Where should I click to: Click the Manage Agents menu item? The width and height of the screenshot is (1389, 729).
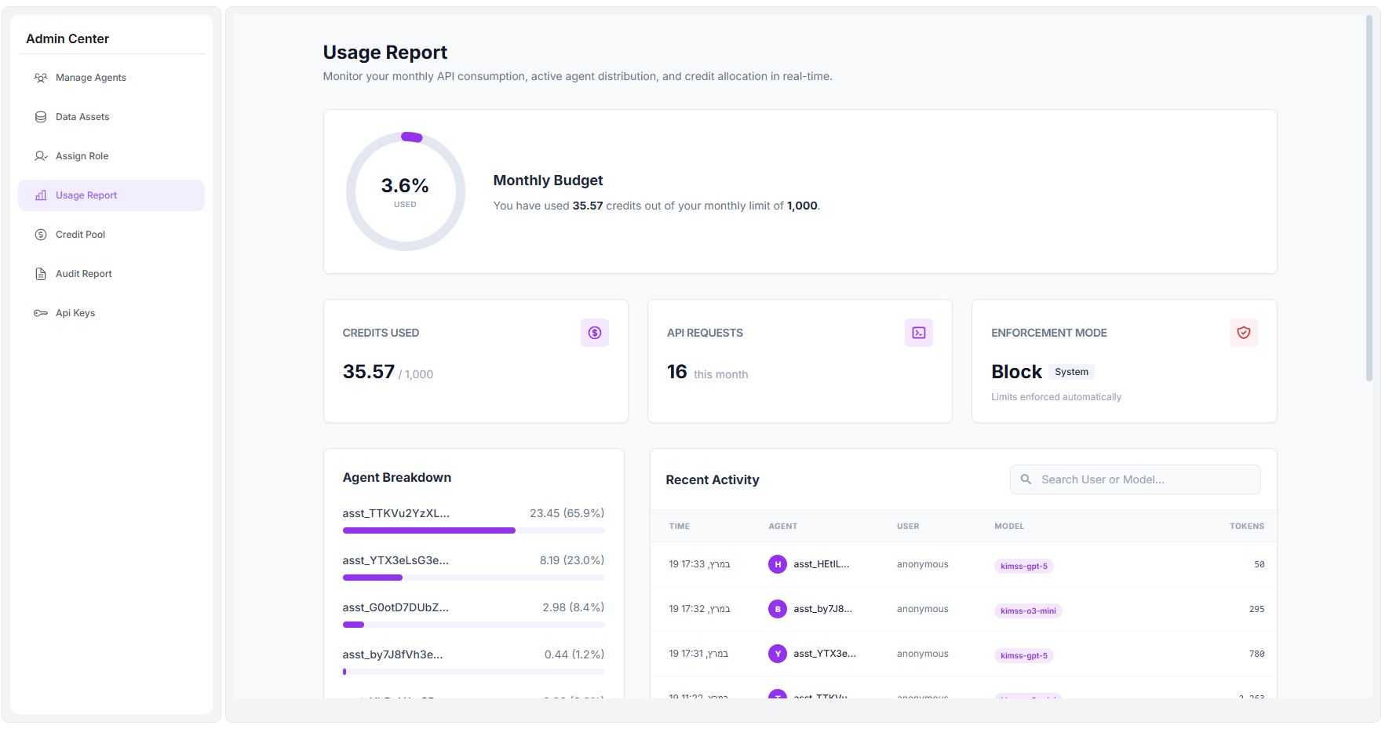coord(90,78)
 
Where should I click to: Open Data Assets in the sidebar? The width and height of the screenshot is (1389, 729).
coord(82,117)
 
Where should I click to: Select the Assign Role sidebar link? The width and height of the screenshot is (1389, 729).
coord(82,156)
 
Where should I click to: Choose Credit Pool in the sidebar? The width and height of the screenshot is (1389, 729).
coord(80,235)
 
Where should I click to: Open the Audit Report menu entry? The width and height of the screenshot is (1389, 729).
coord(83,274)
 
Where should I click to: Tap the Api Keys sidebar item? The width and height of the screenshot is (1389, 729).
coord(75,313)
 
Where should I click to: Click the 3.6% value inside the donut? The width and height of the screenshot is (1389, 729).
coord(405,186)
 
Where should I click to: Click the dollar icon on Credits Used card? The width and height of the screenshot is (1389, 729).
coord(594,333)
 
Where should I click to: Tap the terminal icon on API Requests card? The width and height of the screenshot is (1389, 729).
coord(918,333)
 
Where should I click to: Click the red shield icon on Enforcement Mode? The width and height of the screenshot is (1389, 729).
coord(1243,333)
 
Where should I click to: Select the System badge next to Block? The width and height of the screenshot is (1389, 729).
coord(1071,372)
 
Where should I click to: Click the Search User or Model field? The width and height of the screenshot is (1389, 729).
coord(1135,479)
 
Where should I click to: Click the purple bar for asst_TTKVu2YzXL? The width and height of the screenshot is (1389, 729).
coord(428,530)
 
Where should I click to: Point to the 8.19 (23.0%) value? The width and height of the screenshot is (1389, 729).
coord(571,560)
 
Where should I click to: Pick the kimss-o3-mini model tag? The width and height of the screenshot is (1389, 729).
coord(1028,611)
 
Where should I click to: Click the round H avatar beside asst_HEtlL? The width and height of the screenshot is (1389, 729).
coord(777,564)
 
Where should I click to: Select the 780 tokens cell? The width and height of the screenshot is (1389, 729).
coord(1256,654)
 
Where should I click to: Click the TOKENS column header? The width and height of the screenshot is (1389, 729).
coord(1246,526)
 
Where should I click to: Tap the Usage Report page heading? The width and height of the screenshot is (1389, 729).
coord(385,53)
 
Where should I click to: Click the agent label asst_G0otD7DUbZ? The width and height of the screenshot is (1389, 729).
coord(396,607)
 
